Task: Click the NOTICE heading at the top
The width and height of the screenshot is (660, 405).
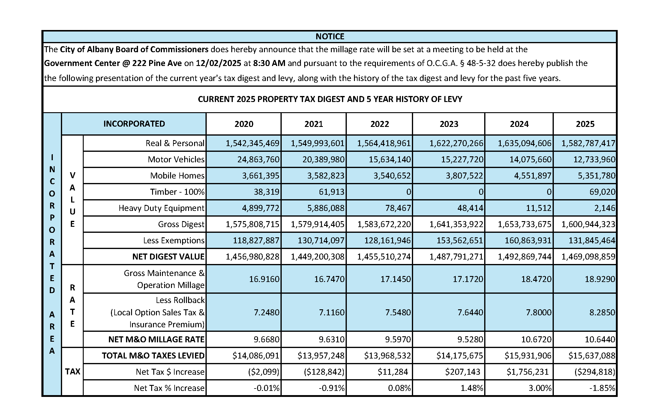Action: (330, 37)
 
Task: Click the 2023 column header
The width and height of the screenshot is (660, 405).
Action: (449, 124)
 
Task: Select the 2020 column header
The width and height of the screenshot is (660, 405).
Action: (244, 124)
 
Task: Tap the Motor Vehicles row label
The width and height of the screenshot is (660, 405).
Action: (176, 159)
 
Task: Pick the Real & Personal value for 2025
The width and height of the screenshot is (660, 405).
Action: (588, 143)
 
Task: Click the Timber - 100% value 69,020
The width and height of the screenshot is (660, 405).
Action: (602, 192)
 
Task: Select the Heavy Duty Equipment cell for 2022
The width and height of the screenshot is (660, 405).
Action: (398, 208)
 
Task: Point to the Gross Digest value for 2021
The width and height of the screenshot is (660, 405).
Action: (318, 224)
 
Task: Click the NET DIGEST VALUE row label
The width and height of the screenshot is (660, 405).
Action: (168, 257)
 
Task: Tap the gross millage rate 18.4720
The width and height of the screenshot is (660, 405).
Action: (536, 279)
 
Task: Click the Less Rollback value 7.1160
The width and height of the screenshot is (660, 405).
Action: (332, 313)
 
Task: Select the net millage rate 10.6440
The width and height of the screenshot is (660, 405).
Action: (600, 340)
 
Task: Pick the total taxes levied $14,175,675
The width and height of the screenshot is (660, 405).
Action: (460, 356)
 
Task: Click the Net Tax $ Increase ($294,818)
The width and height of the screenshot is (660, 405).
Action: (595, 372)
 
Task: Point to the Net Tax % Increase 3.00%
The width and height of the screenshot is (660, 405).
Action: (540, 388)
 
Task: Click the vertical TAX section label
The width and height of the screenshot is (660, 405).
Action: (73, 372)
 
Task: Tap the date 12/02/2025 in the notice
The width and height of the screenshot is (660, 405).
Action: (218, 63)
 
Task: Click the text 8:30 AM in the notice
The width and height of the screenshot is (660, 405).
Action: (269, 63)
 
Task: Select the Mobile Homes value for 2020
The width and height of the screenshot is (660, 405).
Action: (260, 176)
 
